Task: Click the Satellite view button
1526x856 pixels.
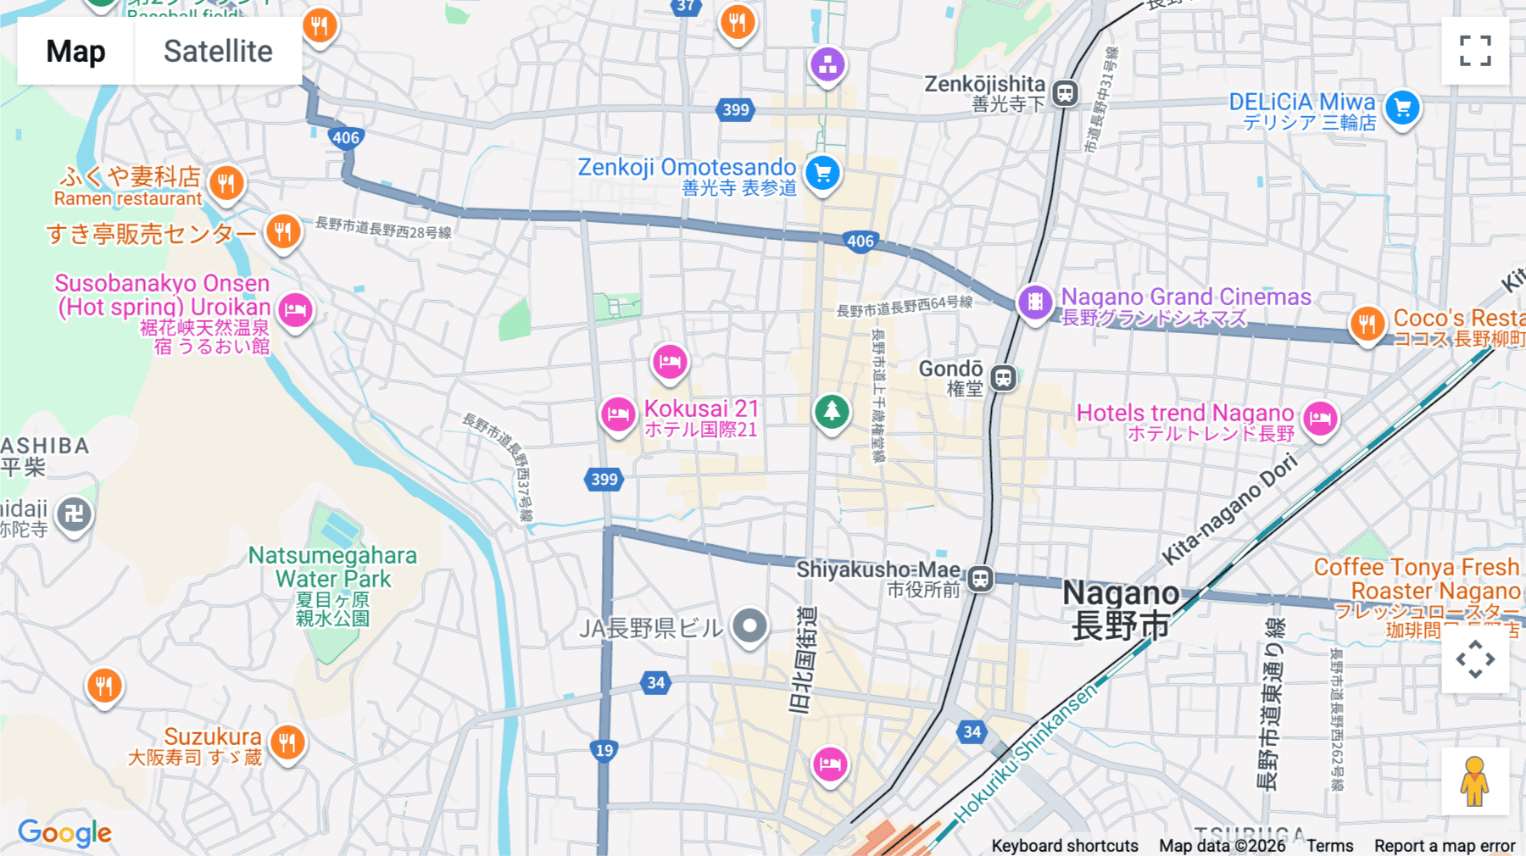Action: pyautogui.click(x=218, y=52)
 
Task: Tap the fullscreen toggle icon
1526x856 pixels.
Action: pyautogui.click(x=1475, y=51)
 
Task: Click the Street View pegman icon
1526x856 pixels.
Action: pyautogui.click(x=1474, y=781)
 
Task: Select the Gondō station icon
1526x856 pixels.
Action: pyautogui.click(x=1004, y=378)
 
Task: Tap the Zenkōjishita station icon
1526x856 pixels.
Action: pyautogui.click(x=1066, y=92)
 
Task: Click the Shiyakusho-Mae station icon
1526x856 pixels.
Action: pyautogui.click(x=981, y=579)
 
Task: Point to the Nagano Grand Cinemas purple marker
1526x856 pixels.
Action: pyautogui.click(x=1035, y=301)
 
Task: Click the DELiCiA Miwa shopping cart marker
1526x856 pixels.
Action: pyautogui.click(x=1402, y=108)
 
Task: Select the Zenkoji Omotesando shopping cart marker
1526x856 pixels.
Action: pyautogui.click(x=822, y=174)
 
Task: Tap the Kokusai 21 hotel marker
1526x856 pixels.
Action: pyautogui.click(x=618, y=414)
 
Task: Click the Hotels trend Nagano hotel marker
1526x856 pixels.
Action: pyautogui.click(x=1320, y=418)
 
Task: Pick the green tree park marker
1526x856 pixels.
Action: pyautogui.click(x=832, y=412)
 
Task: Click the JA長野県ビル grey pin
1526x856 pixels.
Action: pyautogui.click(x=749, y=627)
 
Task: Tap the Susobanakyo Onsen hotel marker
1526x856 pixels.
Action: pyautogui.click(x=295, y=310)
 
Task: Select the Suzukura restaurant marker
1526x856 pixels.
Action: pyautogui.click(x=287, y=743)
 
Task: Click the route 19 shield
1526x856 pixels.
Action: pyautogui.click(x=604, y=750)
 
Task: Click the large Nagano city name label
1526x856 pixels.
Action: pyautogui.click(x=1120, y=609)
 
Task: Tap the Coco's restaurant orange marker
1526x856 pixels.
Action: pyautogui.click(x=1367, y=323)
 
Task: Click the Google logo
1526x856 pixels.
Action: pyautogui.click(x=64, y=832)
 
